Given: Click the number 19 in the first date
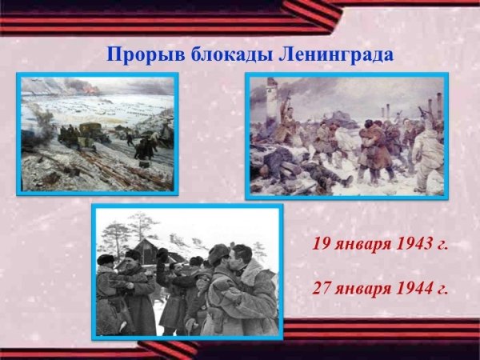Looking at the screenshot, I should click(321, 244).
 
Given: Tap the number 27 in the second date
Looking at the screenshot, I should click(321, 288).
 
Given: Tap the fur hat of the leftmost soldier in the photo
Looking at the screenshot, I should click(106, 259).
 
